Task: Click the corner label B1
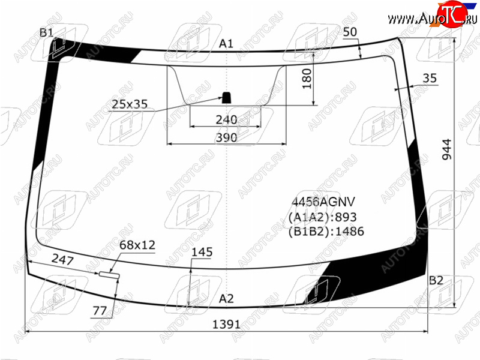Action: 47,32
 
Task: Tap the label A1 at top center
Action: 226,44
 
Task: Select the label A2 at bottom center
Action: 226,298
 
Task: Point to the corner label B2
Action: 436,280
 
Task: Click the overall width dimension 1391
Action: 227,324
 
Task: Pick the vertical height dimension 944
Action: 447,149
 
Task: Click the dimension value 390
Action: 227,138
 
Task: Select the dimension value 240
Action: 227,119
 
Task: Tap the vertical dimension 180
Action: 307,79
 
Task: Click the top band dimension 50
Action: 350,32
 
